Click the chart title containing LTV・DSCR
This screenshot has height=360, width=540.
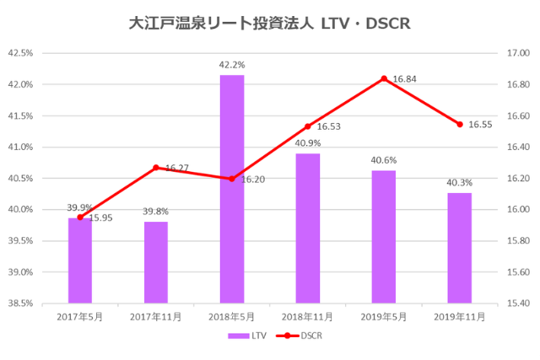pos(269,23)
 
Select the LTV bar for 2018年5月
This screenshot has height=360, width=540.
pos(232,189)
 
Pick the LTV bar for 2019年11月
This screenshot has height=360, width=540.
pos(460,248)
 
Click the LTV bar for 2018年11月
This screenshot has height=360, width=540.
pos(308,228)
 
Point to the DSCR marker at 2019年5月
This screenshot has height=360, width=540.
pos(384,78)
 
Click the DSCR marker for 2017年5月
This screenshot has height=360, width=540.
pos(80,218)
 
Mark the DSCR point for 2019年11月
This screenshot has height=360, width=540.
pos(460,124)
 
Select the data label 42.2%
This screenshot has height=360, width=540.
pos(232,64)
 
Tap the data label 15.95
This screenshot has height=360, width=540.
pos(100,218)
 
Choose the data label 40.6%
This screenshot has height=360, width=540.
pos(384,159)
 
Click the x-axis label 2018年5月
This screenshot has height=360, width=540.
pos(232,316)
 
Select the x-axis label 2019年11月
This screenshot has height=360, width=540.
pos(460,316)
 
